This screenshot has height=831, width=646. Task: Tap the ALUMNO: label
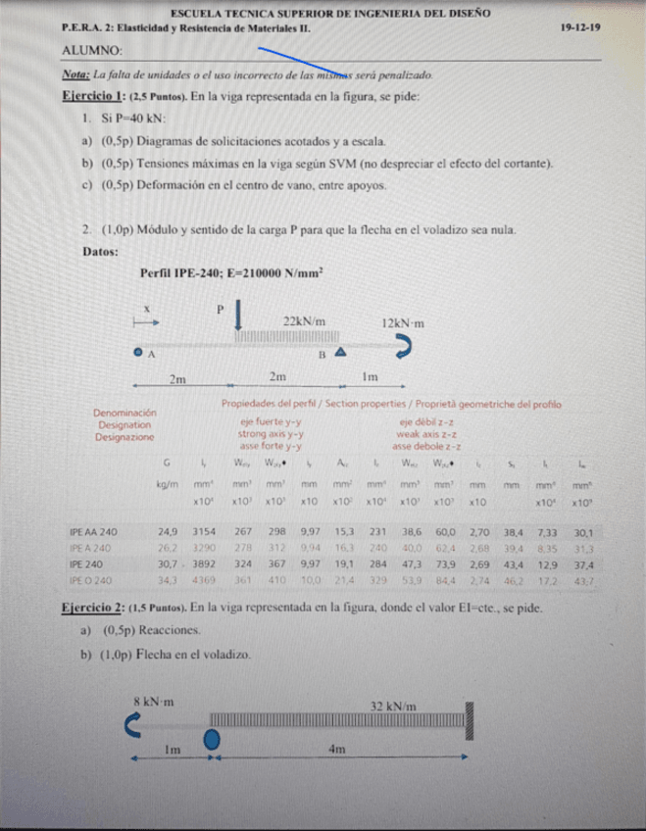tap(92, 50)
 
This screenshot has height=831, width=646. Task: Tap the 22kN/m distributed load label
tap(304, 321)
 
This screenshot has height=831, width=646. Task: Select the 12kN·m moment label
tap(403, 321)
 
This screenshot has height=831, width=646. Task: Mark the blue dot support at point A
tap(139, 353)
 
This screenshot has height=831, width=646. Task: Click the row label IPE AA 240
tap(94, 531)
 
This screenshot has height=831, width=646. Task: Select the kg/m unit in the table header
tap(168, 484)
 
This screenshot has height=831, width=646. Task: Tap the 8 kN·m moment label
tap(153, 702)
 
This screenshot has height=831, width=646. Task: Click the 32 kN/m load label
tap(393, 706)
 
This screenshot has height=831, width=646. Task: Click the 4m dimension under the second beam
tap(336, 750)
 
